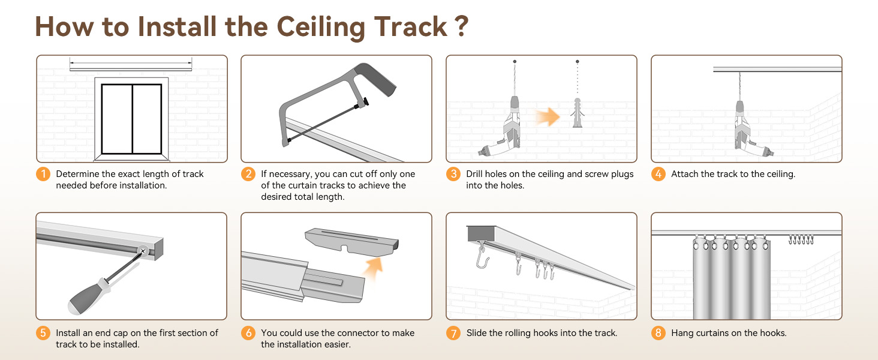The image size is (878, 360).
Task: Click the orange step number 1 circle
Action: coord(43,175)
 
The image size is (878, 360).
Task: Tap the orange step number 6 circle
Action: coord(248,333)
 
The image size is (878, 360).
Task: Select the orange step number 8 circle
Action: coord(659,333)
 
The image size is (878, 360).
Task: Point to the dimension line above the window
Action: coord(131,62)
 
